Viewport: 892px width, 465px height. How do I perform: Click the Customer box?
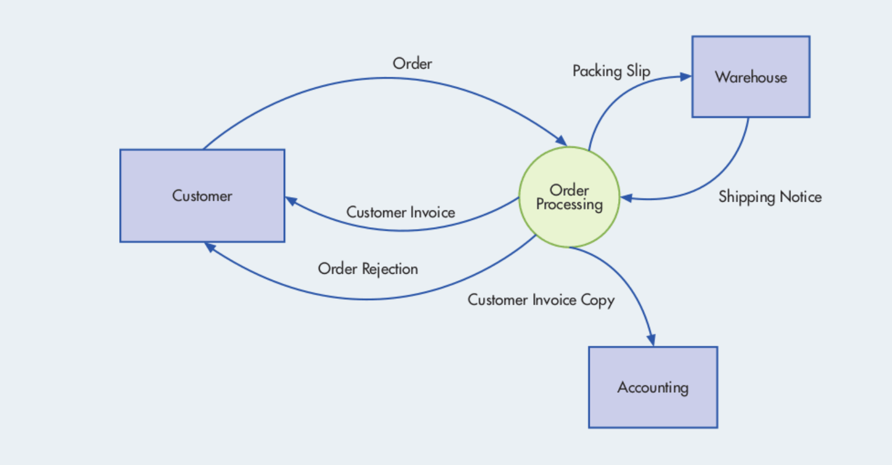(x=202, y=196)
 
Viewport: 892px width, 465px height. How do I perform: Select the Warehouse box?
(x=750, y=77)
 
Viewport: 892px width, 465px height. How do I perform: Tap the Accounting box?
(x=652, y=387)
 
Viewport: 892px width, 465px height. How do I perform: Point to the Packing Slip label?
(x=611, y=71)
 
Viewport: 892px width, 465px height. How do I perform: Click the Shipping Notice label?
(x=769, y=197)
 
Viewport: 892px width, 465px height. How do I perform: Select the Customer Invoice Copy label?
(x=541, y=300)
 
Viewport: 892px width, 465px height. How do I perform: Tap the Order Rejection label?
(x=367, y=269)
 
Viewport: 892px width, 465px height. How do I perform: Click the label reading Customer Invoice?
(x=401, y=212)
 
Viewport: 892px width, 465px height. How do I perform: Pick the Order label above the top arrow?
(x=412, y=63)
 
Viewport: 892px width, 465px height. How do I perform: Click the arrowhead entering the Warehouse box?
(x=686, y=76)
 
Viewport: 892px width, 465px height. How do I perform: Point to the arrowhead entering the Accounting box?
(x=652, y=341)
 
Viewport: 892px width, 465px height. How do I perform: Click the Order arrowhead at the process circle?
(x=562, y=141)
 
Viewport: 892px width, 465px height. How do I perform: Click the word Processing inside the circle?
(x=569, y=205)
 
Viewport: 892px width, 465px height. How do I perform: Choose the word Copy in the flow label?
(x=598, y=300)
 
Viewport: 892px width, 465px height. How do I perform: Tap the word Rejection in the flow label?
(x=390, y=269)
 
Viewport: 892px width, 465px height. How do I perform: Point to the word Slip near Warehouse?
(x=638, y=71)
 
